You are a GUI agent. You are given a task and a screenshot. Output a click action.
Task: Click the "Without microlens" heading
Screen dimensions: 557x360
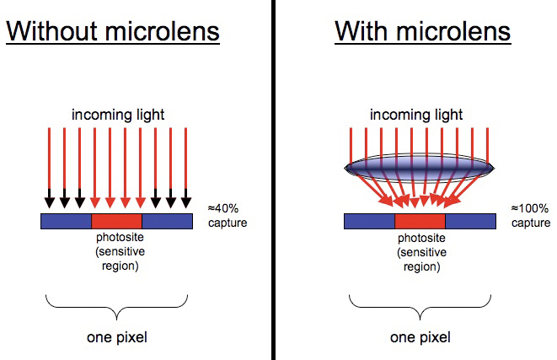113,32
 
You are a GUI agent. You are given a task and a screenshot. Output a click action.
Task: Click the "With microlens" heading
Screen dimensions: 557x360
423,32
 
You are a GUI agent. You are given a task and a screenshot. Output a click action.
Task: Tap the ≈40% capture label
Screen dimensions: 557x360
228,215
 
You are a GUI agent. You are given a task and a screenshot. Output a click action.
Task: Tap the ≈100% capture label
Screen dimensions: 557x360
531,215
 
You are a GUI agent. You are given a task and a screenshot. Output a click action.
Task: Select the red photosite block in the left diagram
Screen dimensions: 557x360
117,222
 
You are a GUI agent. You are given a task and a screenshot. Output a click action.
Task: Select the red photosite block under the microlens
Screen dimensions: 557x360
420,222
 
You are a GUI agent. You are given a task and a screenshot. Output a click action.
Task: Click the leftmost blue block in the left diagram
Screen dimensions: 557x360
66,222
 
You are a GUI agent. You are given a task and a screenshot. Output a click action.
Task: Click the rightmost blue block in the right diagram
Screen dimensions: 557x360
471,222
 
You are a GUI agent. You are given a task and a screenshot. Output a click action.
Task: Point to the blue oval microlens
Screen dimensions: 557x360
419,168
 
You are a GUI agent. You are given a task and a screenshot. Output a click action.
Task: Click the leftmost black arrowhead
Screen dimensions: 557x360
50,202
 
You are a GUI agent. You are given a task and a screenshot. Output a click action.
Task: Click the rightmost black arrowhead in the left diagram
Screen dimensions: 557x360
186,202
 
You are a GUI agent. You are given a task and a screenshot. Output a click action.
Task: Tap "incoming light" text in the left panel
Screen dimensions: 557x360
118,115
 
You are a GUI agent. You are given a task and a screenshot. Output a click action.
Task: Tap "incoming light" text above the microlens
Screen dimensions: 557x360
416,115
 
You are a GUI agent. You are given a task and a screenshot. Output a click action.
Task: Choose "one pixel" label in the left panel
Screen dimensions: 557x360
117,337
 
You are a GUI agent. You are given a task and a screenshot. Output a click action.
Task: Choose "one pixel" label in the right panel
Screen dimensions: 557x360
420,337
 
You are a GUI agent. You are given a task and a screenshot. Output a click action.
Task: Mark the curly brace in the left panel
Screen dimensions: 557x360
116,308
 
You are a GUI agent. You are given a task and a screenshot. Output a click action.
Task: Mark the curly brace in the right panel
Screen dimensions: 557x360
420,308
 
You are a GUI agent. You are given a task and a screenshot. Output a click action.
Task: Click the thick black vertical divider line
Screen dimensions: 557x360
273,180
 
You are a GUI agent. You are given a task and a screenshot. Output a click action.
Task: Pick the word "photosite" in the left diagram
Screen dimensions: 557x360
120,237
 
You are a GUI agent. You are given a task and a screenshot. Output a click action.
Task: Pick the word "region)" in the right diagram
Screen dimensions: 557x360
421,266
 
